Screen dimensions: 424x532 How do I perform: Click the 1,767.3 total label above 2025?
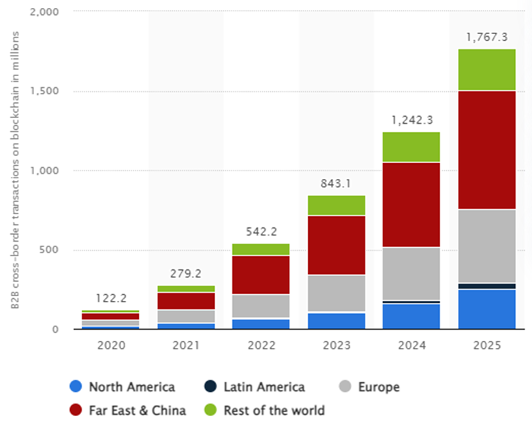tap(486, 38)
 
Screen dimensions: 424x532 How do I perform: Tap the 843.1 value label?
tap(336, 183)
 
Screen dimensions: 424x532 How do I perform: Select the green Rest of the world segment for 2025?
tap(486, 69)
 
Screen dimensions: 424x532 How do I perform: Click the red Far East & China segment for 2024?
tap(411, 204)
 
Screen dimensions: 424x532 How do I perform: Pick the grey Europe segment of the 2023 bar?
tap(336, 293)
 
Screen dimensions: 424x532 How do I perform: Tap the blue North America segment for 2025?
tap(486, 309)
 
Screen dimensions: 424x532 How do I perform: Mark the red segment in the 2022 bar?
tap(260, 275)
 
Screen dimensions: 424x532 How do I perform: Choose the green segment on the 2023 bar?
tap(336, 205)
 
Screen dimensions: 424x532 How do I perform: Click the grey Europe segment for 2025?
tap(486, 246)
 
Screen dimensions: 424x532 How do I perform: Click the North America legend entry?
tap(122, 387)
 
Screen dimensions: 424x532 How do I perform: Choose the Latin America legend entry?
tap(255, 387)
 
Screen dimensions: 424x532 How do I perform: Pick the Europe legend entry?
tap(370, 387)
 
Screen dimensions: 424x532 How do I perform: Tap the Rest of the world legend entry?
tap(265, 411)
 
